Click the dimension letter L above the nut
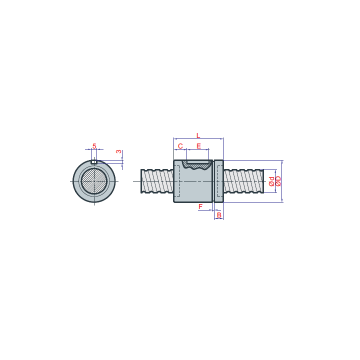pos(198,135)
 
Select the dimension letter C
pos(180,146)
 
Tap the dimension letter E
pos(199,146)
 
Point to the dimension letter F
pos(200,206)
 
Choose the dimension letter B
pos(219,215)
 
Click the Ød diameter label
pos(271,181)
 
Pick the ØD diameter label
pos(278,181)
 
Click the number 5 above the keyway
pos(94,146)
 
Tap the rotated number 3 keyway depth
pos(118,151)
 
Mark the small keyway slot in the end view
pos(94,162)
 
